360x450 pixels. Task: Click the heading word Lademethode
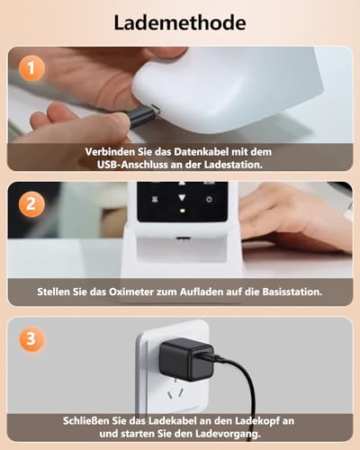pos(180,22)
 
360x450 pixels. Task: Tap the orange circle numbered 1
pos(33,67)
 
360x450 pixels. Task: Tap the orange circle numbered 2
pos(33,203)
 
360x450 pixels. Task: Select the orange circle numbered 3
pos(33,339)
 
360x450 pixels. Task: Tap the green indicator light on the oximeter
pos(181,212)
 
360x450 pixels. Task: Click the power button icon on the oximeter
pos(209,200)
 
